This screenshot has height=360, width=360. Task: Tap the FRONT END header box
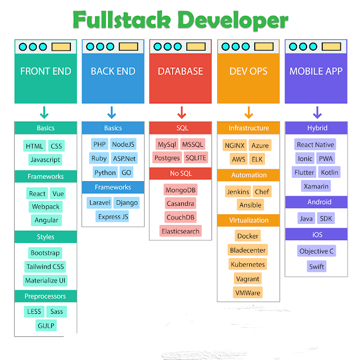(x=46, y=71)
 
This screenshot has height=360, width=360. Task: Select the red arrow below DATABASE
(x=181, y=112)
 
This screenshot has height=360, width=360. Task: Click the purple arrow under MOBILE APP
(x=317, y=112)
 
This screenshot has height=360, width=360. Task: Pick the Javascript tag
(x=46, y=160)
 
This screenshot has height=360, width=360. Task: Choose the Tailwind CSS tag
(x=46, y=267)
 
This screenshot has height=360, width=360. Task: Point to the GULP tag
(x=46, y=325)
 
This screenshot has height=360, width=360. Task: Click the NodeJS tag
(x=123, y=145)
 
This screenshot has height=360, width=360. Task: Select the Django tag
(x=126, y=202)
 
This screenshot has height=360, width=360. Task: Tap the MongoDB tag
(x=181, y=189)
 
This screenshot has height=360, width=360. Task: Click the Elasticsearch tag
(x=181, y=231)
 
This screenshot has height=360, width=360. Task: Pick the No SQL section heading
(x=181, y=173)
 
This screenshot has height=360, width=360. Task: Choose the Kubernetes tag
(x=248, y=264)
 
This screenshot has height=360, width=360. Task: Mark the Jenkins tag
(x=238, y=192)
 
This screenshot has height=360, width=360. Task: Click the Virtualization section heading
(x=249, y=220)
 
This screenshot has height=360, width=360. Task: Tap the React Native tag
(x=316, y=145)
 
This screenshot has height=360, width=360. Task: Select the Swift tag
(x=317, y=267)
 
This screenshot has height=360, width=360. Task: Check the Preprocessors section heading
(x=46, y=296)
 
